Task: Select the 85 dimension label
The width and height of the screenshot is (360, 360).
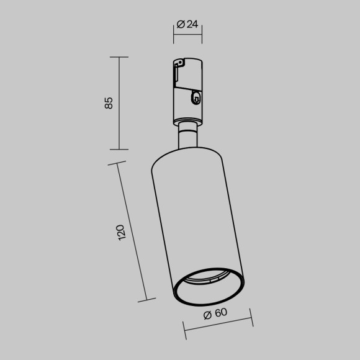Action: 109,103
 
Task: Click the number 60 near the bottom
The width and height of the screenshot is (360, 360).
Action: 220,313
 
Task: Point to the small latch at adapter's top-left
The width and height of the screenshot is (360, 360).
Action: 179,63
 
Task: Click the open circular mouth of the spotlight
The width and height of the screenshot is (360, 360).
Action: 210,289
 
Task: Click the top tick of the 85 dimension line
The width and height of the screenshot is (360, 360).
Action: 119,57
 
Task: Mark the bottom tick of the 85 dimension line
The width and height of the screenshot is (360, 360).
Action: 119,150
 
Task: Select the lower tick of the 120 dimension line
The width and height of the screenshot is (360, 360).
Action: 146,300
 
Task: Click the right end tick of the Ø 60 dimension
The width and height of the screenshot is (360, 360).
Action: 253,318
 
